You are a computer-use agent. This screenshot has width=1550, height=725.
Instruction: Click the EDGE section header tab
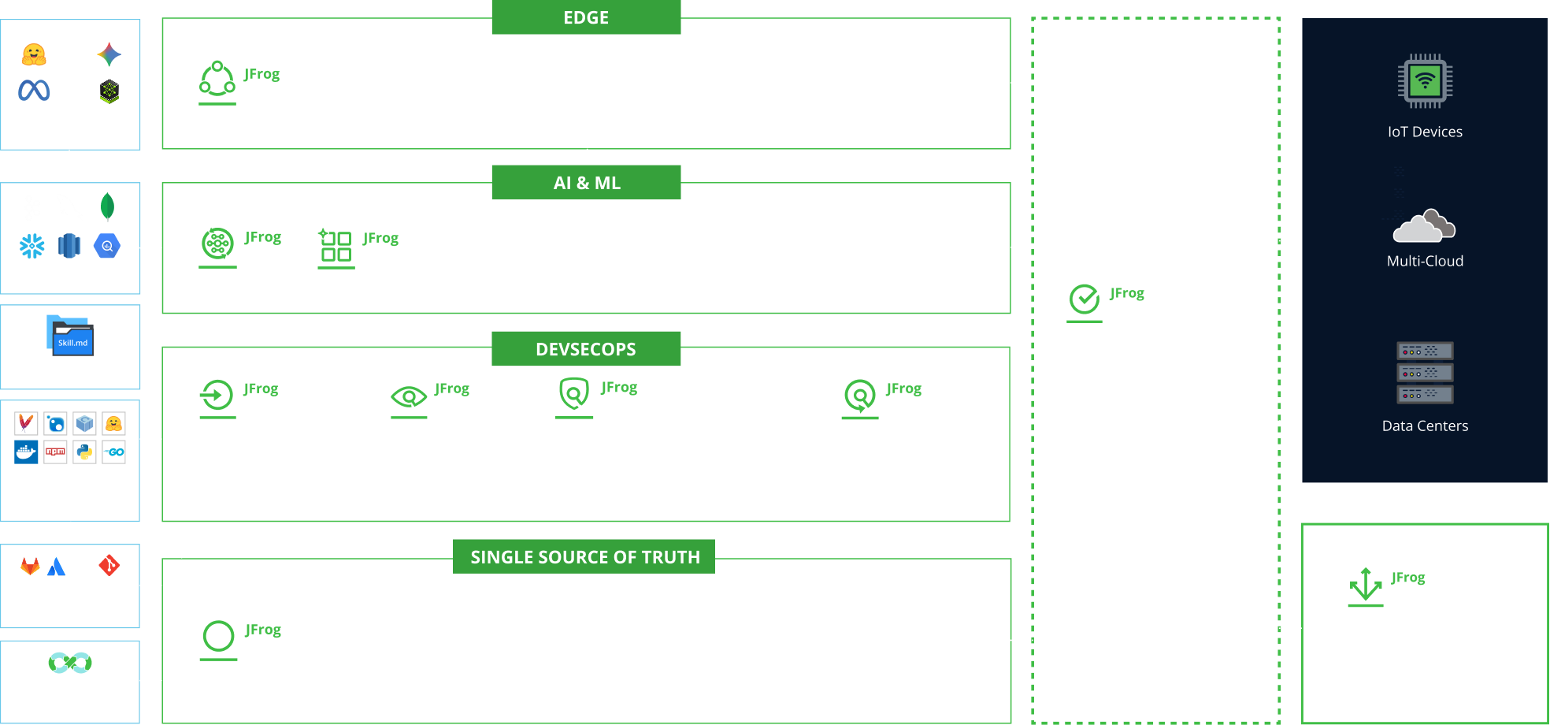coord(586,17)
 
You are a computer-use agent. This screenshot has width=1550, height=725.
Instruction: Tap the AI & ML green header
coord(586,183)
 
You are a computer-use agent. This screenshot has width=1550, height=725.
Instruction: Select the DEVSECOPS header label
coord(586,349)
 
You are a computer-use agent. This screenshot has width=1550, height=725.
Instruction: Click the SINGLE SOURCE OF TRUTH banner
coord(584,557)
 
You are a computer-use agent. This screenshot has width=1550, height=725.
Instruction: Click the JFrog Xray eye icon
coord(409,396)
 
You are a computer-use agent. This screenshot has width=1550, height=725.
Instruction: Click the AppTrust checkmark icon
coord(1085,300)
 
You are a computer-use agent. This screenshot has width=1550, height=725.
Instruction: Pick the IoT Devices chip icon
coord(1425,81)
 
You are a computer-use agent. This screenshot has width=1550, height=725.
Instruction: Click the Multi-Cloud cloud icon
coord(1424,226)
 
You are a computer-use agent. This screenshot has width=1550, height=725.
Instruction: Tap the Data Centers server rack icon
coord(1425,372)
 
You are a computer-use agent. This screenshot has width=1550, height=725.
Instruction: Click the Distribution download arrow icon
coord(1366,586)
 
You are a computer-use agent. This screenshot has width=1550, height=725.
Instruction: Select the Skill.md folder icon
coord(70,336)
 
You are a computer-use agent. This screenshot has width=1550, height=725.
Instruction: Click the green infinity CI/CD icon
coord(70,662)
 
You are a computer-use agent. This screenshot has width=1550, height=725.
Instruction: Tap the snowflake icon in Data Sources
coord(32,247)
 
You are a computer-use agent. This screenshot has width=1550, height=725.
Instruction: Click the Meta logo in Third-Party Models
coord(34,91)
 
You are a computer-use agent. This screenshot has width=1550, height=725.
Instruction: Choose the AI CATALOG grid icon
coord(336,247)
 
